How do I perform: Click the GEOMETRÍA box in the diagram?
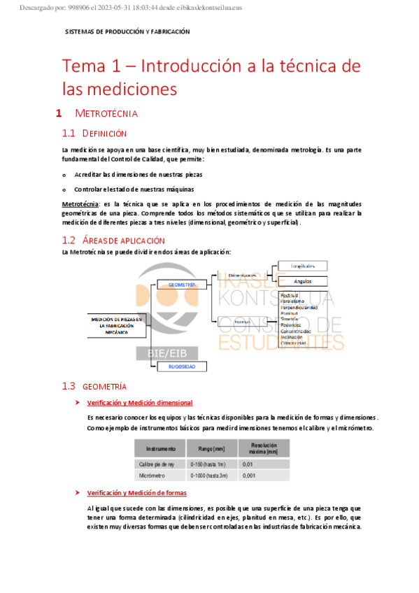pyautogui.click(x=182, y=285)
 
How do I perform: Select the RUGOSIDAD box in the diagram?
pyautogui.click(x=182, y=366)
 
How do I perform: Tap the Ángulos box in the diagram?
pyautogui.click(x=302, y=280)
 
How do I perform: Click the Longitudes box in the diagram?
pyautogui.click(x=302, y=266)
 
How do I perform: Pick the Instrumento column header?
pyautogui.click(x=161, y=448)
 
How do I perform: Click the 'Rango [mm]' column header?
pyautogui.click(x=211, y=448)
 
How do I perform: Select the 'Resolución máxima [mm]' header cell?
pyautogui.click(x=262, y=448)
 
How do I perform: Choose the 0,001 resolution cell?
pyautogui.click(x=248, y=476)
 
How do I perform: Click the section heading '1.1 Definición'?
pyautogui.click(x=94, y=133)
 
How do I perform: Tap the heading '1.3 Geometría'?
pyautogui.click(x=94, y=386)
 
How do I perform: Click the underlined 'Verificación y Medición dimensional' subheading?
pyautogui.click(x=139, y=403)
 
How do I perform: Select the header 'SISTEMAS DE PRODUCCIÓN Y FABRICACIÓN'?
pyautogui.click(x=127, y=32)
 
